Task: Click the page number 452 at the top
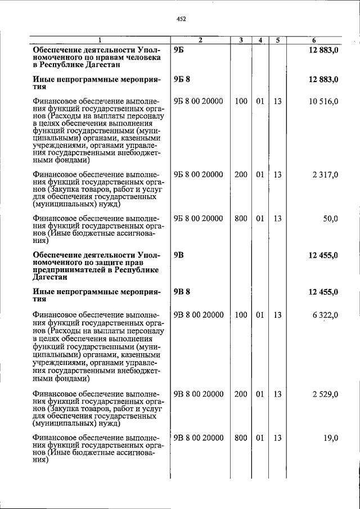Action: tap(181, 19)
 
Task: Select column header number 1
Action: tap(100, 40)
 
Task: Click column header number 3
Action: tap(241, 40)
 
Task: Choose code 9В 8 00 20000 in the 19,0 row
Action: tap(199, 438)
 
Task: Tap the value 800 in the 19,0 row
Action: tap(241, 438)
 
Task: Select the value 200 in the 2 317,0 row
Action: tap(241, 175)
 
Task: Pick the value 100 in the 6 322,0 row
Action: tap(241, 315)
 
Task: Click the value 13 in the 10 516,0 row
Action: tap(277, 101)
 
